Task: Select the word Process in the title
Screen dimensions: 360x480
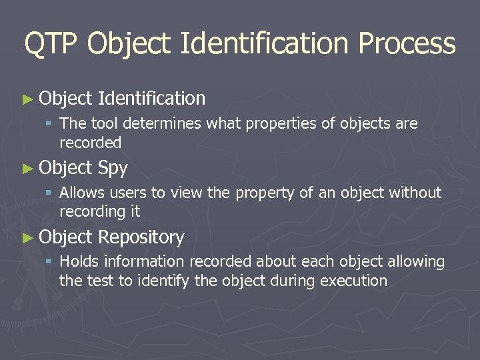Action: tap(407, 44)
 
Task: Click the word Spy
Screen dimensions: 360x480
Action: tap(112, 169)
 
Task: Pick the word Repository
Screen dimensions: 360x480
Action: tap(141, 237)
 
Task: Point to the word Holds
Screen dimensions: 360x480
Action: tap(78, 262)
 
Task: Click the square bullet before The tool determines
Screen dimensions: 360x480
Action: tap(48, 124)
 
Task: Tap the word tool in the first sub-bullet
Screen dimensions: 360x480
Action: tap(103, 123)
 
